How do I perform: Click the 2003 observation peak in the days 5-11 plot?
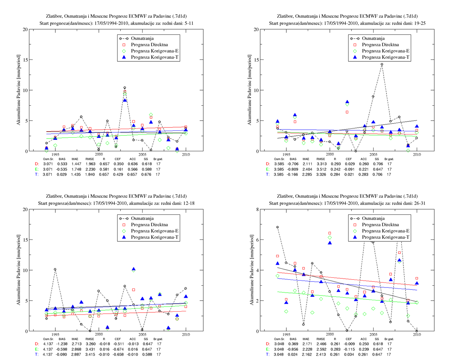(x=125, y=88)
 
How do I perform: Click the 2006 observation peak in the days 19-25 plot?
(x=382, y=64)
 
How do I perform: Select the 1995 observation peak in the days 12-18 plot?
(x=55, y=269)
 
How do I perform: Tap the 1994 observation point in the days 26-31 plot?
(x=277, y=227)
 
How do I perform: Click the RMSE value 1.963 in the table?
(x=90, y=164)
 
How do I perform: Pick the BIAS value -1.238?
(x=62, y=344)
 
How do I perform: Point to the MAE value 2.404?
(x=307, y=169)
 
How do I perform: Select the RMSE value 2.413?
(x=321, y=355)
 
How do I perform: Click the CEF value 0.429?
(x=118, y=175)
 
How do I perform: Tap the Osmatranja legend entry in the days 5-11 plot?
(x=142, y=38)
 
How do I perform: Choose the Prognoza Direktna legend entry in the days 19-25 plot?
(x=380, y=45)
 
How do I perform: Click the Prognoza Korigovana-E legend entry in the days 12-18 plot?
(x=155, y=231)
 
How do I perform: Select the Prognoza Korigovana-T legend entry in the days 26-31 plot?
(x=386, y=237)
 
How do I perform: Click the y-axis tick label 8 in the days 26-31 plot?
(x=258, y=209)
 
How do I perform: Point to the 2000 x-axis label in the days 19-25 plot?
(x=330, y=154)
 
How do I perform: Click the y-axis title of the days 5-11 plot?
(x=19, y=90)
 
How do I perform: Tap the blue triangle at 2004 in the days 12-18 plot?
(x=134, y=269)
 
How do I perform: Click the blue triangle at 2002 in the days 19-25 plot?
(x=347, y=102)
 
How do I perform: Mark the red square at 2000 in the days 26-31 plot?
(x=330, y=233)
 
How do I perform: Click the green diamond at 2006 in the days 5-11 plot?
(x=151, y=115)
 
